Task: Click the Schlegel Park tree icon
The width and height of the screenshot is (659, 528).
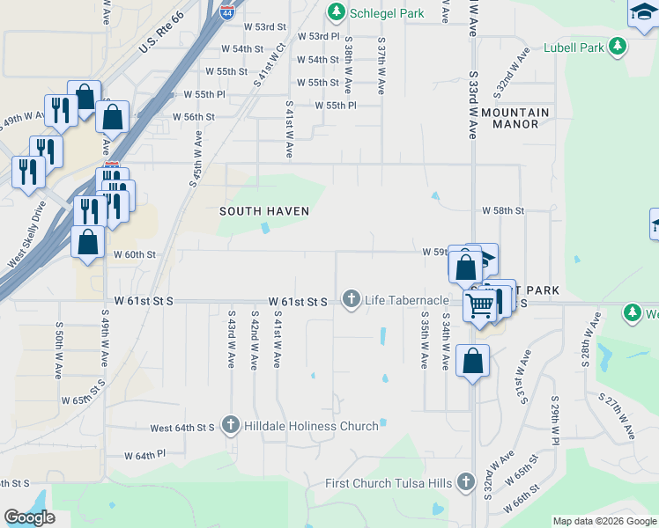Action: (x=336, y=12)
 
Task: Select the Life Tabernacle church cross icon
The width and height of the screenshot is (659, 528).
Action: (x=352, y=300)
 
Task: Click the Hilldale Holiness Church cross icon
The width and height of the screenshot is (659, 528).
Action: (x=231, y=426)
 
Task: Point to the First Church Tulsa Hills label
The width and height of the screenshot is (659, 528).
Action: (x=389, y=482)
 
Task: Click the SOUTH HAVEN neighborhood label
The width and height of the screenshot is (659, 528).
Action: (x=264, y=211)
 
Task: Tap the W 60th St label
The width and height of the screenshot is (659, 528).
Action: (x=135, y=254)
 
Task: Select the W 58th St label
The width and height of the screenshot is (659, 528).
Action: (x=503, y=211)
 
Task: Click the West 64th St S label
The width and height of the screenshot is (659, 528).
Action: (x=182, y=428)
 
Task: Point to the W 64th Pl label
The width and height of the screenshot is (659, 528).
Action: (x=144, y=456)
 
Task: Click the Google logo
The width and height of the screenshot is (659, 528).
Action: (x=29, y=517)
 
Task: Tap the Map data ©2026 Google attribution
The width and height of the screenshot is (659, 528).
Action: (x=605, y=521)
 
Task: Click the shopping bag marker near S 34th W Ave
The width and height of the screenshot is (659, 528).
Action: (x=473, y=362)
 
